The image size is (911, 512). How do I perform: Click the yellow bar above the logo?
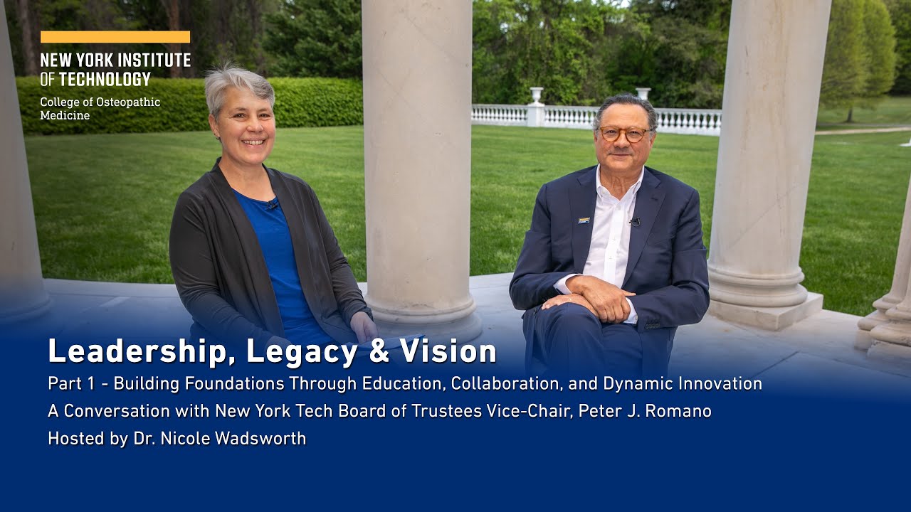pos(115,37)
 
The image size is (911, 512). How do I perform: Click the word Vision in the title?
pos(448,351)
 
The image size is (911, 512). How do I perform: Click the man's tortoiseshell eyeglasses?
pos(623,134)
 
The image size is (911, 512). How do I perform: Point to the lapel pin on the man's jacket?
pos(584,220)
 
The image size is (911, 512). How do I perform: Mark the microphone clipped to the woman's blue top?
pos(272,205)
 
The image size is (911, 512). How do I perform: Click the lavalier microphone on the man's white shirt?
pos(634,223)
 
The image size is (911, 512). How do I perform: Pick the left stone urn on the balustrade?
pos(536,95)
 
